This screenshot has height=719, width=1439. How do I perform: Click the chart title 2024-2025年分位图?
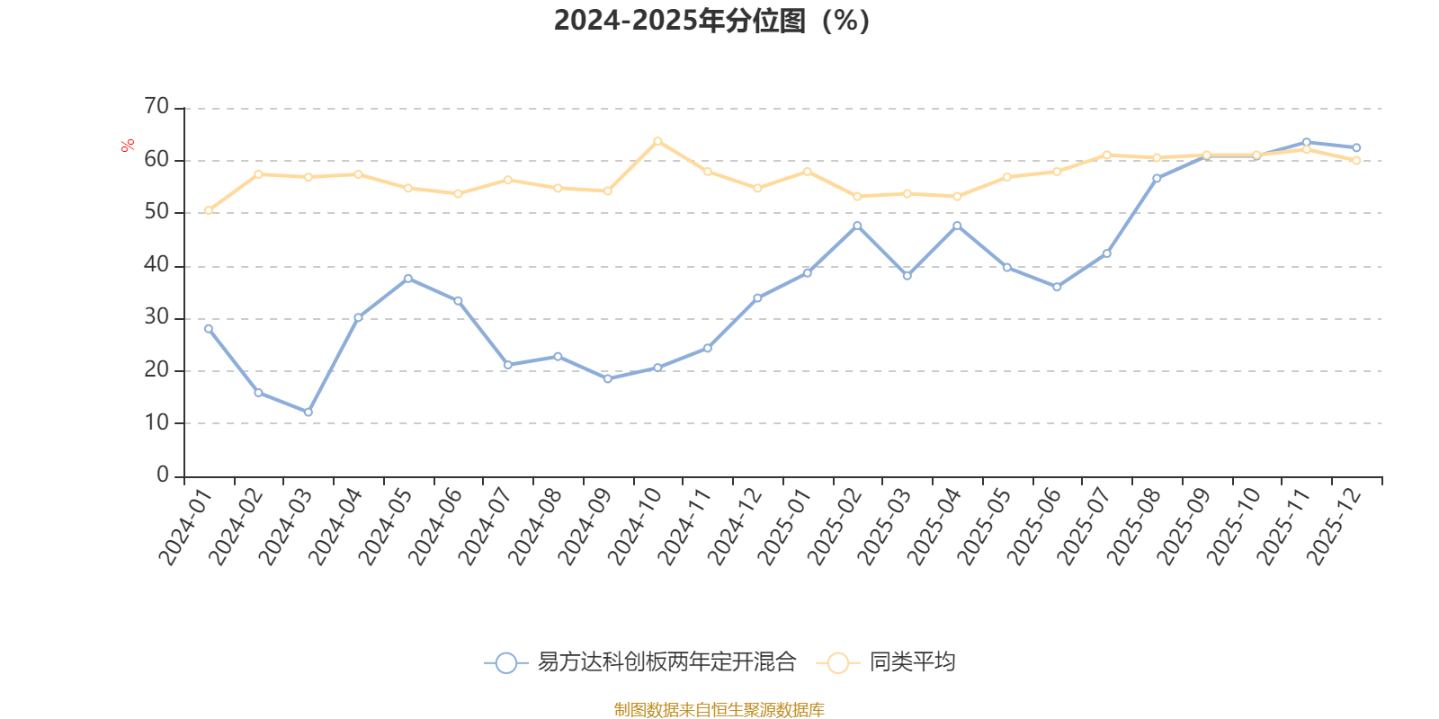(x=711, y=21)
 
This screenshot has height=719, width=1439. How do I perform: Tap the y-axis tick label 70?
(x=156, y=107)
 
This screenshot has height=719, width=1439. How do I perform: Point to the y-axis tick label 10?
(x=156, y=422)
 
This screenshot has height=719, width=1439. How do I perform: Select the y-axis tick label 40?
(x=156, y=265)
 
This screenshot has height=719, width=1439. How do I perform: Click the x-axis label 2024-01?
(x=187, y=527)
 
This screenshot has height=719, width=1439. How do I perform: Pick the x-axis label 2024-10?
(x=636, y=527)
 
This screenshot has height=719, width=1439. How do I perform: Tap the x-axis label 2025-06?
(x=1034, y=527)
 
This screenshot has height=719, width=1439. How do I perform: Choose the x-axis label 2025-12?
(x=1334, y=527)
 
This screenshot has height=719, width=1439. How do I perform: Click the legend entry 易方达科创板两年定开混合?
(x=666, y=662)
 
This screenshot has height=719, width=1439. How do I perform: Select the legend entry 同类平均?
(x=911, y=662)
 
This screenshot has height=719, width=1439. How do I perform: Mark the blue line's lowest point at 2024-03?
(x=308, y=413)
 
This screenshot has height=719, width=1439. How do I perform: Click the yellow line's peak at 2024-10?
(x=657, y=141)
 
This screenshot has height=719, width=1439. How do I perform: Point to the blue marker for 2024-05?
(x=408, y=279)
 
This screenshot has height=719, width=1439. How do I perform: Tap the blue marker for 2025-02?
(x=857, y=226)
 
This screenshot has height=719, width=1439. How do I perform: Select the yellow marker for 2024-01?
(x=209, y=210)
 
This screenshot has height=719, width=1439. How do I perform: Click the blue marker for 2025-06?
(x=1057, y=288)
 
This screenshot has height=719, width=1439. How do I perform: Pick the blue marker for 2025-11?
(x=1307, y=142)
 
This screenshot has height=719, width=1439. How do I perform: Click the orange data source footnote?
(x=719, y=710)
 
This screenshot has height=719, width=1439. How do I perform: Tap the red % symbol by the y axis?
(x=128, y=146)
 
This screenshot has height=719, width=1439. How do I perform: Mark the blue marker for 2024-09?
(x=608, y=379)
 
